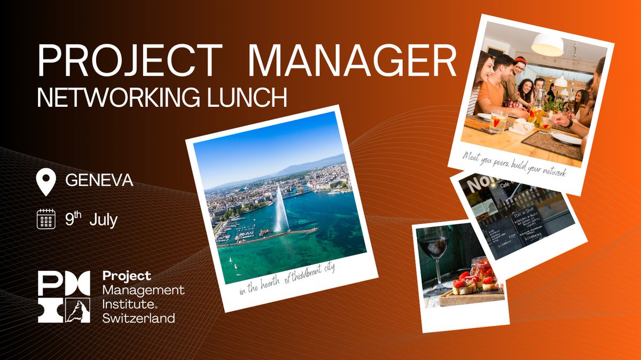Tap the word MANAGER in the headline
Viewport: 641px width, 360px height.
click(x=352, y=61)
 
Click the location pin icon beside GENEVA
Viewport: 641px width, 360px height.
click(x=46, y=182)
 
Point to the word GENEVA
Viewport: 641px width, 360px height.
click(x=99, y=181)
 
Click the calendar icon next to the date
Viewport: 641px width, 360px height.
click(x=46, y=219)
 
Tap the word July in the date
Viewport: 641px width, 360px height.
click(x=103, y=220)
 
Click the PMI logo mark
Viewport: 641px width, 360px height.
click(x=65, y=297)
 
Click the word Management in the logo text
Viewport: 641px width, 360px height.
click(x=143, y=290)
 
